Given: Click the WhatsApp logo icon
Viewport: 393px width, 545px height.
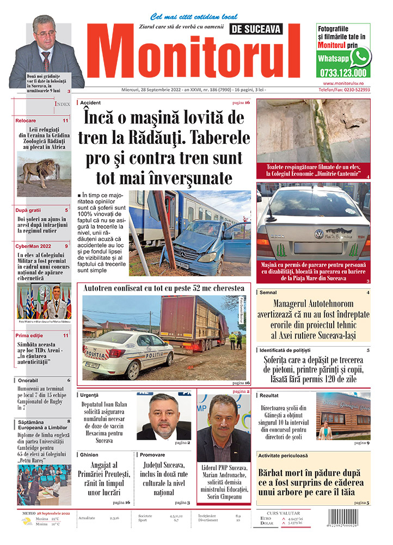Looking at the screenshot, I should (360, 57).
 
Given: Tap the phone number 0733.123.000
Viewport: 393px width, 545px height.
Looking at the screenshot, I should (343, 72).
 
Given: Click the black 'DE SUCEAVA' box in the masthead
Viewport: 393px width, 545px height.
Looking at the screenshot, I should (256, 29).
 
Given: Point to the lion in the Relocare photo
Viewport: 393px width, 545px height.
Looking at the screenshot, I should (38, 170).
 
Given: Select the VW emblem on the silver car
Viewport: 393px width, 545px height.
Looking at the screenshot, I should (319, 234).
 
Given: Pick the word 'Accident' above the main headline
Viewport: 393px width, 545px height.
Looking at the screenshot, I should (90, 102).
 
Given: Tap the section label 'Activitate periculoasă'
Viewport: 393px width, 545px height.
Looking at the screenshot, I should (283, 455).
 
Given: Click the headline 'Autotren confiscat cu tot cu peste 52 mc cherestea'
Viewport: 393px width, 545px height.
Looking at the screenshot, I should (163, 288).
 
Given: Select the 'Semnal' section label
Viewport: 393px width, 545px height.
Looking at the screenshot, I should (268, 293).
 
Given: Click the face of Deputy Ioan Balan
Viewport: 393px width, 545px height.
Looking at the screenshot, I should (164, 415).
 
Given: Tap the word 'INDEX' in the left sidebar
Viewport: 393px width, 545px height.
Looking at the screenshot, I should (62, 104).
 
